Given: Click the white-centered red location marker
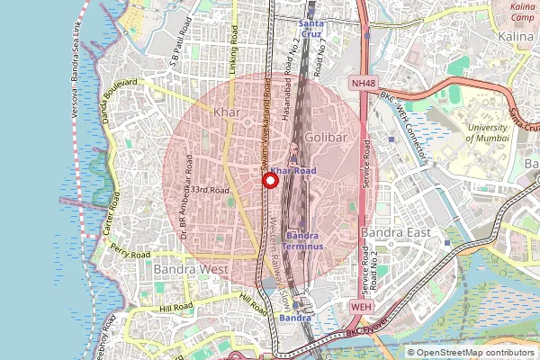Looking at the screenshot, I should pos(268,181).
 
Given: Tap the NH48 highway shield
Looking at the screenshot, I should pos(363,83).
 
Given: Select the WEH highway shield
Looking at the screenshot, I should pos(361,307).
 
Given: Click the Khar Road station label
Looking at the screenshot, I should pos(293,170).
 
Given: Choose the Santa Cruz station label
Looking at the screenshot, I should pos(311,28).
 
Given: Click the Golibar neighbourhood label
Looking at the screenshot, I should pos(325,136).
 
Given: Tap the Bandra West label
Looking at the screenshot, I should pos(190,268).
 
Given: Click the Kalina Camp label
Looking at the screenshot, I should pos(523,13).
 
